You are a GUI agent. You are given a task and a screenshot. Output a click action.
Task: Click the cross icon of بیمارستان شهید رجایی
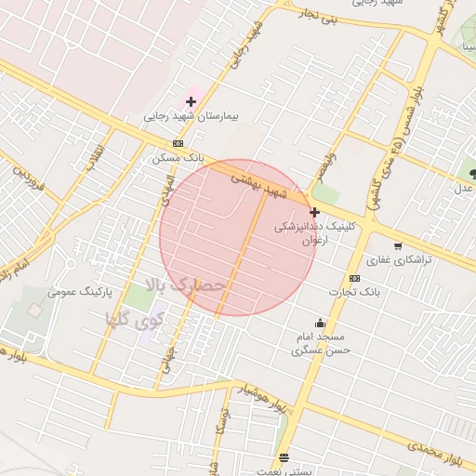tap(192, 100)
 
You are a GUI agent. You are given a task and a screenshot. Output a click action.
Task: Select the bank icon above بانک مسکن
tap(178, 143)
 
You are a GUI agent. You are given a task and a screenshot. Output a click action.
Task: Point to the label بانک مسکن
tap(178, 158)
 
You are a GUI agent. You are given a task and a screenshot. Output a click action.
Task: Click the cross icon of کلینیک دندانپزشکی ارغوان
tap(314, 212)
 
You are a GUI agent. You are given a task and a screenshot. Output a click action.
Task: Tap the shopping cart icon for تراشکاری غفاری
tap(398, 246)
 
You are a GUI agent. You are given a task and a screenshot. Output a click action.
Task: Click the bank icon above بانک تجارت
tap(353, 278)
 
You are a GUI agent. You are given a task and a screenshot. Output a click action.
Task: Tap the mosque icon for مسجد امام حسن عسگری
tap(320, 321)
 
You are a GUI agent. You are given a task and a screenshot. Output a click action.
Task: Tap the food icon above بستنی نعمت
tap(284, 457)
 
